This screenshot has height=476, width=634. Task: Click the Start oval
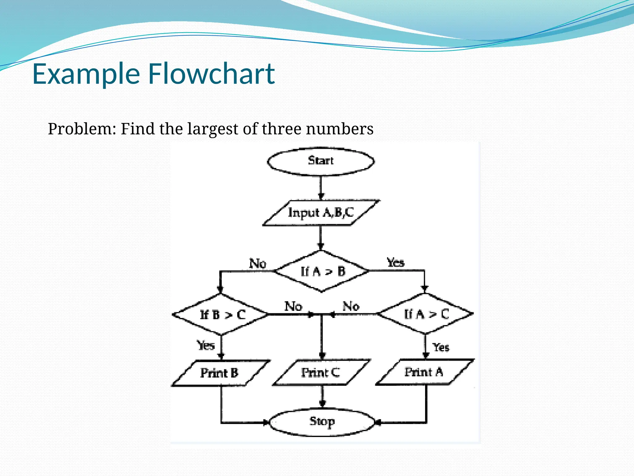[321, 161]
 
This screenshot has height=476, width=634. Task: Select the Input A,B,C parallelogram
[321, 213]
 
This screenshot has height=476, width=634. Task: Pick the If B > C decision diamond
[220, 315]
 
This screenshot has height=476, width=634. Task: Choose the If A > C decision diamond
[425, 314]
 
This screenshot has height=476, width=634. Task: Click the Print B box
[220, 373]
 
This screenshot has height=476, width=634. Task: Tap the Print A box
[424, 372]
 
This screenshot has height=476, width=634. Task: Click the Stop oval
[322, 422]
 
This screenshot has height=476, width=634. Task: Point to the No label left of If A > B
[258, 264]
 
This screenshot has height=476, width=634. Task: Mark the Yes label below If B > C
[206, 345]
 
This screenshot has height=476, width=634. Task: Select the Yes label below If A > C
[441, 347]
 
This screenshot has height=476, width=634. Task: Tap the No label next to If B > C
[293, 306]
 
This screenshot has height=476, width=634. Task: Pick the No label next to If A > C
[351, 306]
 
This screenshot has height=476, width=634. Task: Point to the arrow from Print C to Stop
[322, 397]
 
